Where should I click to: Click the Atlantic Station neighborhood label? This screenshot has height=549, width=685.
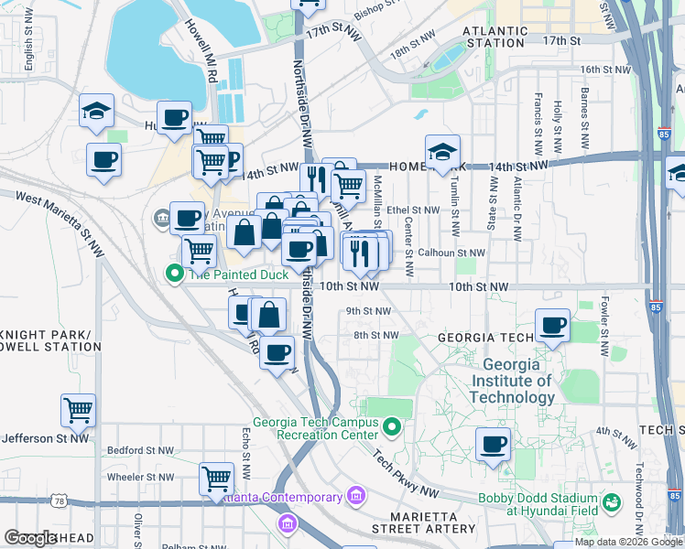coord(495,36)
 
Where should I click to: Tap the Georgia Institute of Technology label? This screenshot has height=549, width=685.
coord(512,381)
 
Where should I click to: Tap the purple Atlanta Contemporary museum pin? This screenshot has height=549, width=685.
coord(355,497)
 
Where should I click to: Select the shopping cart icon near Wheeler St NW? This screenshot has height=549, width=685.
coord(216,478)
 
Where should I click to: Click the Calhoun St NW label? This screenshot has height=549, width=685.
coord(451,253)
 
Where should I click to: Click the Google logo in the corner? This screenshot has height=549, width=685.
coord(30,538)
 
